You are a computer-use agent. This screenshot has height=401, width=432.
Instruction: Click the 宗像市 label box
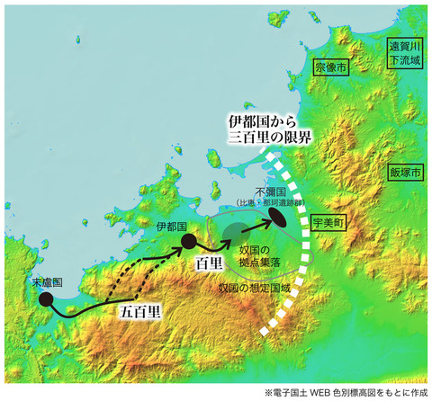coord(328,67)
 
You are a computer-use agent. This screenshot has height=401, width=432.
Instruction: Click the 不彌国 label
coord(270,192)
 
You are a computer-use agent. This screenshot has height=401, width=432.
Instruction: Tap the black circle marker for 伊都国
coord(188,241)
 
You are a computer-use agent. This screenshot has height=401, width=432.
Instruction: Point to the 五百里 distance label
coord(141,312)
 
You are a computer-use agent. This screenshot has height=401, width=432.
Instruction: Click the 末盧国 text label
coord(47,281)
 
